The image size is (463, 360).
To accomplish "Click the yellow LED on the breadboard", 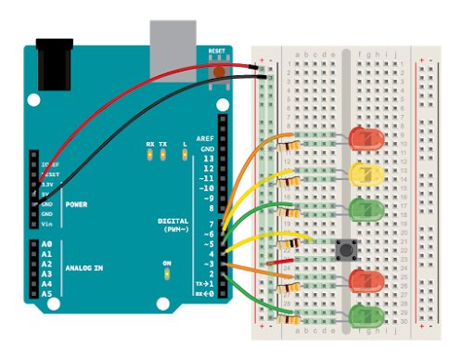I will [x=367, y=173].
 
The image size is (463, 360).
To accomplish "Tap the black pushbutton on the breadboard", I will [x=347, y=248].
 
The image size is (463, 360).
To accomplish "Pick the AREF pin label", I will [x=205, y=138].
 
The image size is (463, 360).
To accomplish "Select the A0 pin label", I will [x=47, y=244].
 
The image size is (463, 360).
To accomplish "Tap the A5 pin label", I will [x=47, y=294].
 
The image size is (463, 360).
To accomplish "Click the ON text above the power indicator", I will [x=167, y=264].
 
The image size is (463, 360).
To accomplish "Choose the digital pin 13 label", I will [x=208, y=159].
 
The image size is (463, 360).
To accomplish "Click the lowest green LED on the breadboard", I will [x=367, y=316].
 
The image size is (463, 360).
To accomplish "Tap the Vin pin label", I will [x=46, y=224].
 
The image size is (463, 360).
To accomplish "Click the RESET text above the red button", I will [x=217, y=51].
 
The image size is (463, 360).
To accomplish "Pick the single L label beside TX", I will [x=185, y=145].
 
